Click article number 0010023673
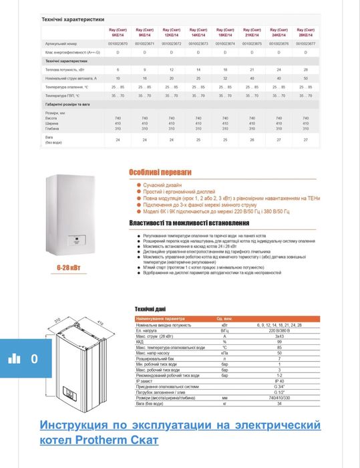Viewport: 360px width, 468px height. (198, 42)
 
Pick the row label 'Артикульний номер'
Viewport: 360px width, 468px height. (53, 42)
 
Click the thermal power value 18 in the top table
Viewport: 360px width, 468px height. (225, 69)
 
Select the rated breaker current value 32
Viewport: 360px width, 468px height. (225, 78)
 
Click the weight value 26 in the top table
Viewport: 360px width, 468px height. (252, 140)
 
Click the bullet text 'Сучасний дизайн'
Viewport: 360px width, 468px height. (161, 184)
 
